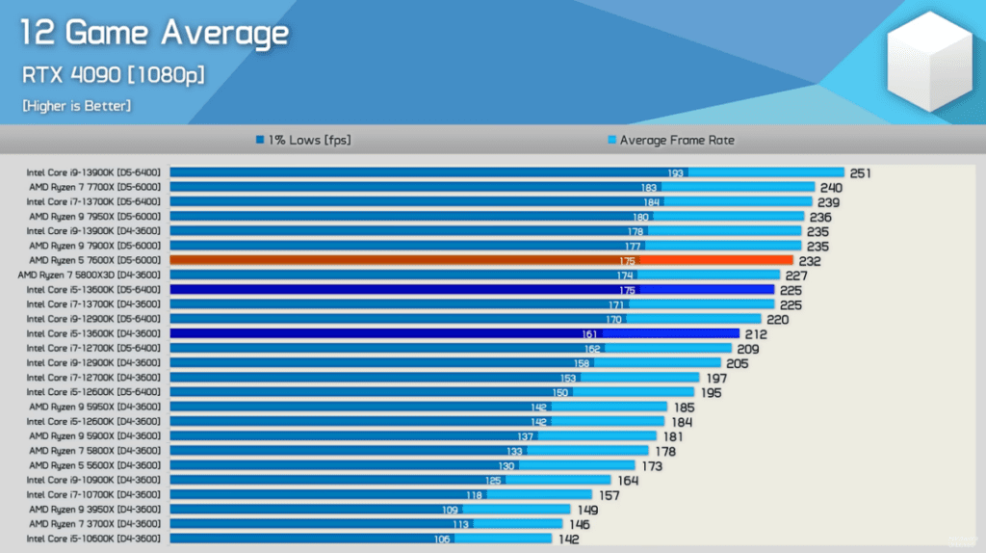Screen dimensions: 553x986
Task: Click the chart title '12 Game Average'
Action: (155, 34)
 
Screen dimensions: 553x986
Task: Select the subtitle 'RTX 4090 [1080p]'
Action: (113, 74)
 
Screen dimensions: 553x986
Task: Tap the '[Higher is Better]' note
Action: (77, 105)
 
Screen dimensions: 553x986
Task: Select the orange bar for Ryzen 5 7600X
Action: (481, 260)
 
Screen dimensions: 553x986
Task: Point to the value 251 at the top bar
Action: (861, 173)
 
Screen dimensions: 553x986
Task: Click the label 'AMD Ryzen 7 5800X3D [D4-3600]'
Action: (93, 275)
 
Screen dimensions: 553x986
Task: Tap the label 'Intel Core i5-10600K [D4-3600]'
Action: (93, 539)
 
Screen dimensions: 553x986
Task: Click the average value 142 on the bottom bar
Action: (569, 540)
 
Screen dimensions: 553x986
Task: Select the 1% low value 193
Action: (675, 173)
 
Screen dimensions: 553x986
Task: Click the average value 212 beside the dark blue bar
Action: (754, 333)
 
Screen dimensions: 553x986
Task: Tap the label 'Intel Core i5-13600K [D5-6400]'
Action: (93, 289)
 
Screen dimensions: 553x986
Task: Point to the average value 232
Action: (809, 260)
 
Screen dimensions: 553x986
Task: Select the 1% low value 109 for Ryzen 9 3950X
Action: (450, 510)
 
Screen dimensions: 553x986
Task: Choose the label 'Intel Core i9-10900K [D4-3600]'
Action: (93, 480)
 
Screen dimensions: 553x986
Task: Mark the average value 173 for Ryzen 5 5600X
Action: (652, 465)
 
